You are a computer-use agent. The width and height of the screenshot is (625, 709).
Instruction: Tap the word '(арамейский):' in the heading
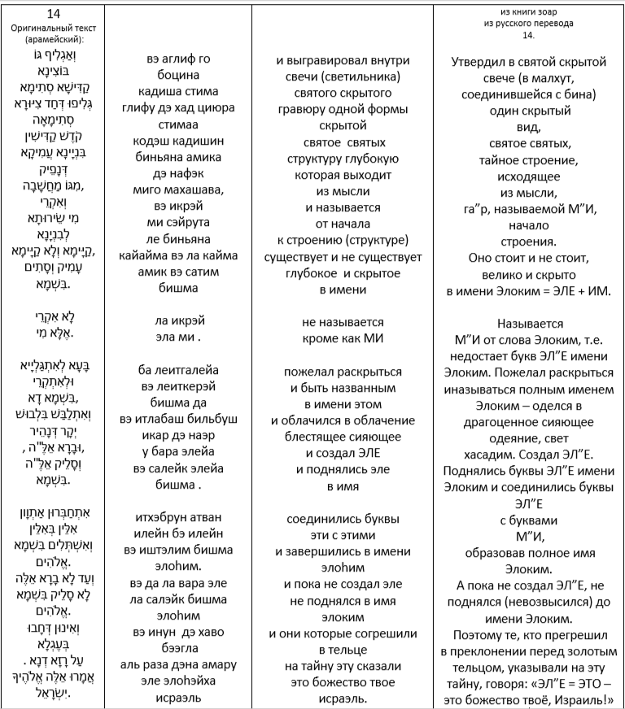[x=53, y=38]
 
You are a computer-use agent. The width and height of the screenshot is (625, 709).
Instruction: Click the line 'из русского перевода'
[x=530, y=24]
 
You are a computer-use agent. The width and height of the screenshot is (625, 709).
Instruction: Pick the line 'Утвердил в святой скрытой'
[x=528, y=61]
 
